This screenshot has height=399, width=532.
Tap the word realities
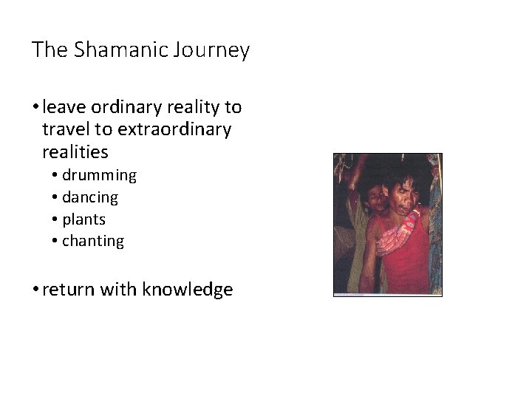tap(75, 152)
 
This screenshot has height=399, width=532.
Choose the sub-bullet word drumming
tap(99, 176)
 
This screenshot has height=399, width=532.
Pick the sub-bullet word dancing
tap(90, 197)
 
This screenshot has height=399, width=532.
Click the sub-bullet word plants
tap(83, 219)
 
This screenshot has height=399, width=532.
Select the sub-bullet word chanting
tap(93, 241)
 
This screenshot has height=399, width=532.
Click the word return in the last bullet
tap(69, 290)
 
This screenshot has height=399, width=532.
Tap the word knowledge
tap(190, 290)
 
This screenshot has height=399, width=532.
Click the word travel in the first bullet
tap(63, 130)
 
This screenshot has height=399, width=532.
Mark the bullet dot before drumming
tap(55, 176)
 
